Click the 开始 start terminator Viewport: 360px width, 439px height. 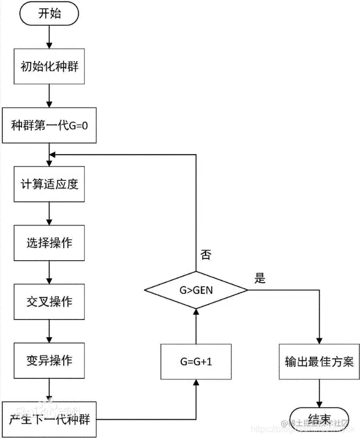(49, 14)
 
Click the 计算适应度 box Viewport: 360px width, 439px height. (49, 183)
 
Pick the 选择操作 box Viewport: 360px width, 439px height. (49, 243)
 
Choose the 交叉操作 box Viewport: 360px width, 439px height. (49, 302)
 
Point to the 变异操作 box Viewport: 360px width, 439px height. (49, 361)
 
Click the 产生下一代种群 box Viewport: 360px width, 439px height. (49, 420)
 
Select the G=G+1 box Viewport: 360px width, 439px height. (195, 361)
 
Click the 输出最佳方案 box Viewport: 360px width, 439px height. (319, 361)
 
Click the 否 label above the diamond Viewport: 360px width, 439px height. (205, 254)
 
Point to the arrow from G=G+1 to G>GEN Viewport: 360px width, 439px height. (195, 325)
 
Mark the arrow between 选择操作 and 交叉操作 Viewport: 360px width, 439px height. (49, 272)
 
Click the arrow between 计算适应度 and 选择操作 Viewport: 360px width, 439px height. (49, 213)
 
